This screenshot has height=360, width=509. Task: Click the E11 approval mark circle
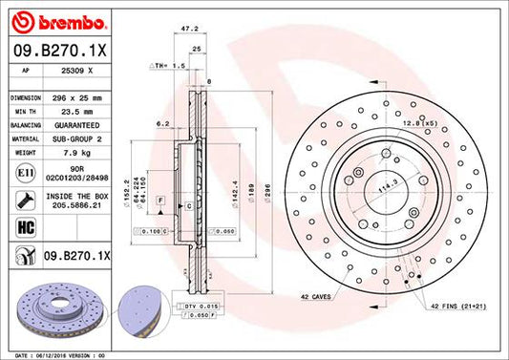click(x=23, y=173)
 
